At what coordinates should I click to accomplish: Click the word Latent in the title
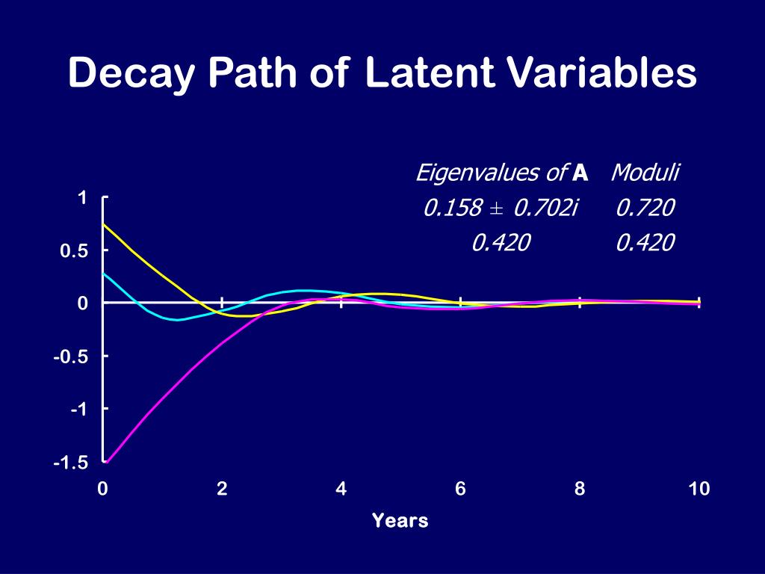tap(430, 74)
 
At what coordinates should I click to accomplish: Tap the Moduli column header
tap(645, 173)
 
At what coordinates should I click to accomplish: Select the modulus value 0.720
tap(645, 208)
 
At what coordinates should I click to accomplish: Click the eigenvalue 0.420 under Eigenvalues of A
tap(501, 242)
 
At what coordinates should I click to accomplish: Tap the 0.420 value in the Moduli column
tap(645, 242)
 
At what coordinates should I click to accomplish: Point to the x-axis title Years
tap(400, 521)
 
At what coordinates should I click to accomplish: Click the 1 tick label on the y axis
tap(83, 198)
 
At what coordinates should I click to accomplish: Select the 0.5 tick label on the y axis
tap(75, 252)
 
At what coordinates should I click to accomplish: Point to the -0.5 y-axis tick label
tap(71, 357)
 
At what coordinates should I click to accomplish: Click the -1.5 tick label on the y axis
tap(71, 463)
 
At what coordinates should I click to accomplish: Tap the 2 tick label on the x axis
tap(222, 490)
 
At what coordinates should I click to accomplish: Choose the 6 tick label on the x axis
tap(460, 490)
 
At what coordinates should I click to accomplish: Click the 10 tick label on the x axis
tap(699, 490)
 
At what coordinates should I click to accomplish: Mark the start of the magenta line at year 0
tap(105, 462)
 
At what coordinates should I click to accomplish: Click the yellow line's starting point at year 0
tap(104, 224)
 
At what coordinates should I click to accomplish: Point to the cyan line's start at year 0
tap(104, 274)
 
